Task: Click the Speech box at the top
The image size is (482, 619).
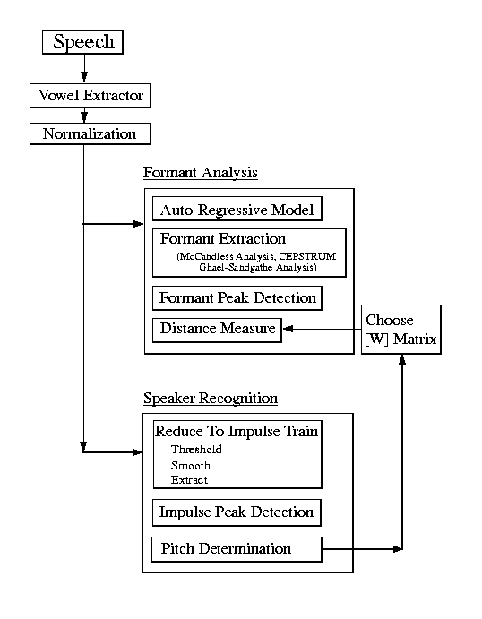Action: pos(83,42)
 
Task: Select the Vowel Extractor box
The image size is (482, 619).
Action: pos(90,96)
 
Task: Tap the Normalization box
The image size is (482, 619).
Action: pos(90,133)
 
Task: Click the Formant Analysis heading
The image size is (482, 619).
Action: pos(201,173)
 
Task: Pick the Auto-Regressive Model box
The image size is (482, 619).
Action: pos(237,209)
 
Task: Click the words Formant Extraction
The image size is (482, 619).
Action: pos(223,239)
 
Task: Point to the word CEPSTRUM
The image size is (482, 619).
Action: pos(307,256)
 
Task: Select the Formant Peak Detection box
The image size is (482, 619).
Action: pos(237,298)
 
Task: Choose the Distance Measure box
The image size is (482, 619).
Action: pos(217,330)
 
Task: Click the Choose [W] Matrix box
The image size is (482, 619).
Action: pos(401,330)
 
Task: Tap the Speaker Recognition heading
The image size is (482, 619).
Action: pos(211,398)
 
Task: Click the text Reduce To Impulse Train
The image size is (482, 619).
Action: pos(237,431)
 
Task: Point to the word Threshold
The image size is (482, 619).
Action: pos(196,450)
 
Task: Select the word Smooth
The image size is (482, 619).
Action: pos(191,466)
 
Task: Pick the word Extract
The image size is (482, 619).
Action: pos(189,480)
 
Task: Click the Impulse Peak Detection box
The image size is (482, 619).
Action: pos(237,512)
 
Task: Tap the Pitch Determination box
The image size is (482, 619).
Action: pos(237,549)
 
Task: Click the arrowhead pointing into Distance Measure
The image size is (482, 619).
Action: pos(288,329)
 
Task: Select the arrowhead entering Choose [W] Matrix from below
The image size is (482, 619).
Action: pos(402,359)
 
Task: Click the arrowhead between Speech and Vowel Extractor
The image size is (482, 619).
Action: pos(84,76)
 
